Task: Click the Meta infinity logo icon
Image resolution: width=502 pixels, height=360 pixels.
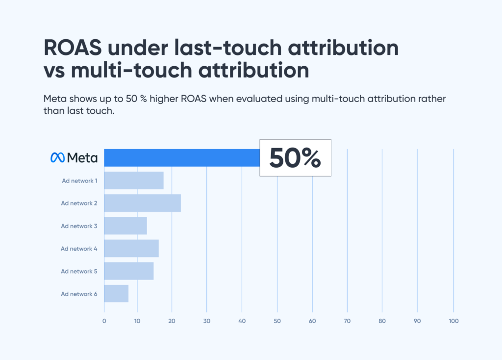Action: pyautogui.click(x=57, y=157)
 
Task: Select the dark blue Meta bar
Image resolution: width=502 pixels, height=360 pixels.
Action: pyautogui.click(x=181, y=157)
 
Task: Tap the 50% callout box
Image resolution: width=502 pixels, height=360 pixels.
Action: pyautogui.click(x=295, y=157)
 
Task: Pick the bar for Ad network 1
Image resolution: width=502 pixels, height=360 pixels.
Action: pyautogui.click(x=134, y=180)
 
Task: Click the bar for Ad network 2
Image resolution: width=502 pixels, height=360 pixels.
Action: pyautogui.click(x=142, y=203)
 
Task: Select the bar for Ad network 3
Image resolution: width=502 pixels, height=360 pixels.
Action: pyautogui.click(x=125, y=226)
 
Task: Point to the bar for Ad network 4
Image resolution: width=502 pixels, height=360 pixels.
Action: pyautogui.click(x=131, y=248)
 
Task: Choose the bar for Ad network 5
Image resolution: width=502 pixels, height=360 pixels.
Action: pyautogui.click(x=129, y=271)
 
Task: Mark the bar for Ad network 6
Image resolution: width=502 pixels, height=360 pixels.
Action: pyautogui.click(x=116, y=293)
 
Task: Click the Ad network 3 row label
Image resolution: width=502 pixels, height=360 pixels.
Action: pyautogui.click(x=79, y=226)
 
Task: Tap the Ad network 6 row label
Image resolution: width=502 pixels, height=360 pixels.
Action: pyautogui.click(x=79, y=294)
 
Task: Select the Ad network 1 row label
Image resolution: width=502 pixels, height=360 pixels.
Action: pyautogui.click(x=79, y=181)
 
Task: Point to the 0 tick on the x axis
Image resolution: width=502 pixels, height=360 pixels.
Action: pyautogui.click(x=104, y=321)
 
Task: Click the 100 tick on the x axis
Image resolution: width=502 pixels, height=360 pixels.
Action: pyautogui.click(x=453, y=321)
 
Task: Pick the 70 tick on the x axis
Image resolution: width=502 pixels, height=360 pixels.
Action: pyautogui.click(x=347, y=321)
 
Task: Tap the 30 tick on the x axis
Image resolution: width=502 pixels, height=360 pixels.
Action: pyautogui.click(x=206, y=321)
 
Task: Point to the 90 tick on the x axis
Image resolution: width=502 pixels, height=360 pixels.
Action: pyautogui.click(x=417, y=321)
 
